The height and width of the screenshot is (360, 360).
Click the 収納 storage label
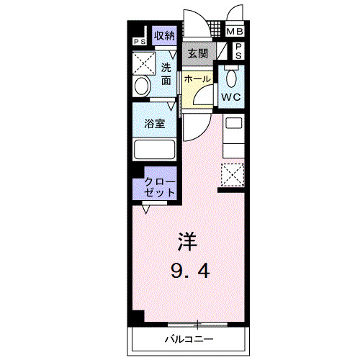coord(164,35)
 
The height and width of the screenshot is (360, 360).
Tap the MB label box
coord(235,32)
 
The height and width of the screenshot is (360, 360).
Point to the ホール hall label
coord(197,78)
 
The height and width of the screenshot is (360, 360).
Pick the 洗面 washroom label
coord(166,73)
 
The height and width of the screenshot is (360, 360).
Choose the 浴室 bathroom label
coord(155,123)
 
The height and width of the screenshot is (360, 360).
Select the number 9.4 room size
coord(191,271)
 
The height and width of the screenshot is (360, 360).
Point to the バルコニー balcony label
coord(189,338)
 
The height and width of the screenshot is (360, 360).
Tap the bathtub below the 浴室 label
coord(154,150)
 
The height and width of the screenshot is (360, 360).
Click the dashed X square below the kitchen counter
coord(232,175)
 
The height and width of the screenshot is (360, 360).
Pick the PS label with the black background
coord(137,41)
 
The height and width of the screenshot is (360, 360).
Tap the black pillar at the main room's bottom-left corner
coord(138,316)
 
